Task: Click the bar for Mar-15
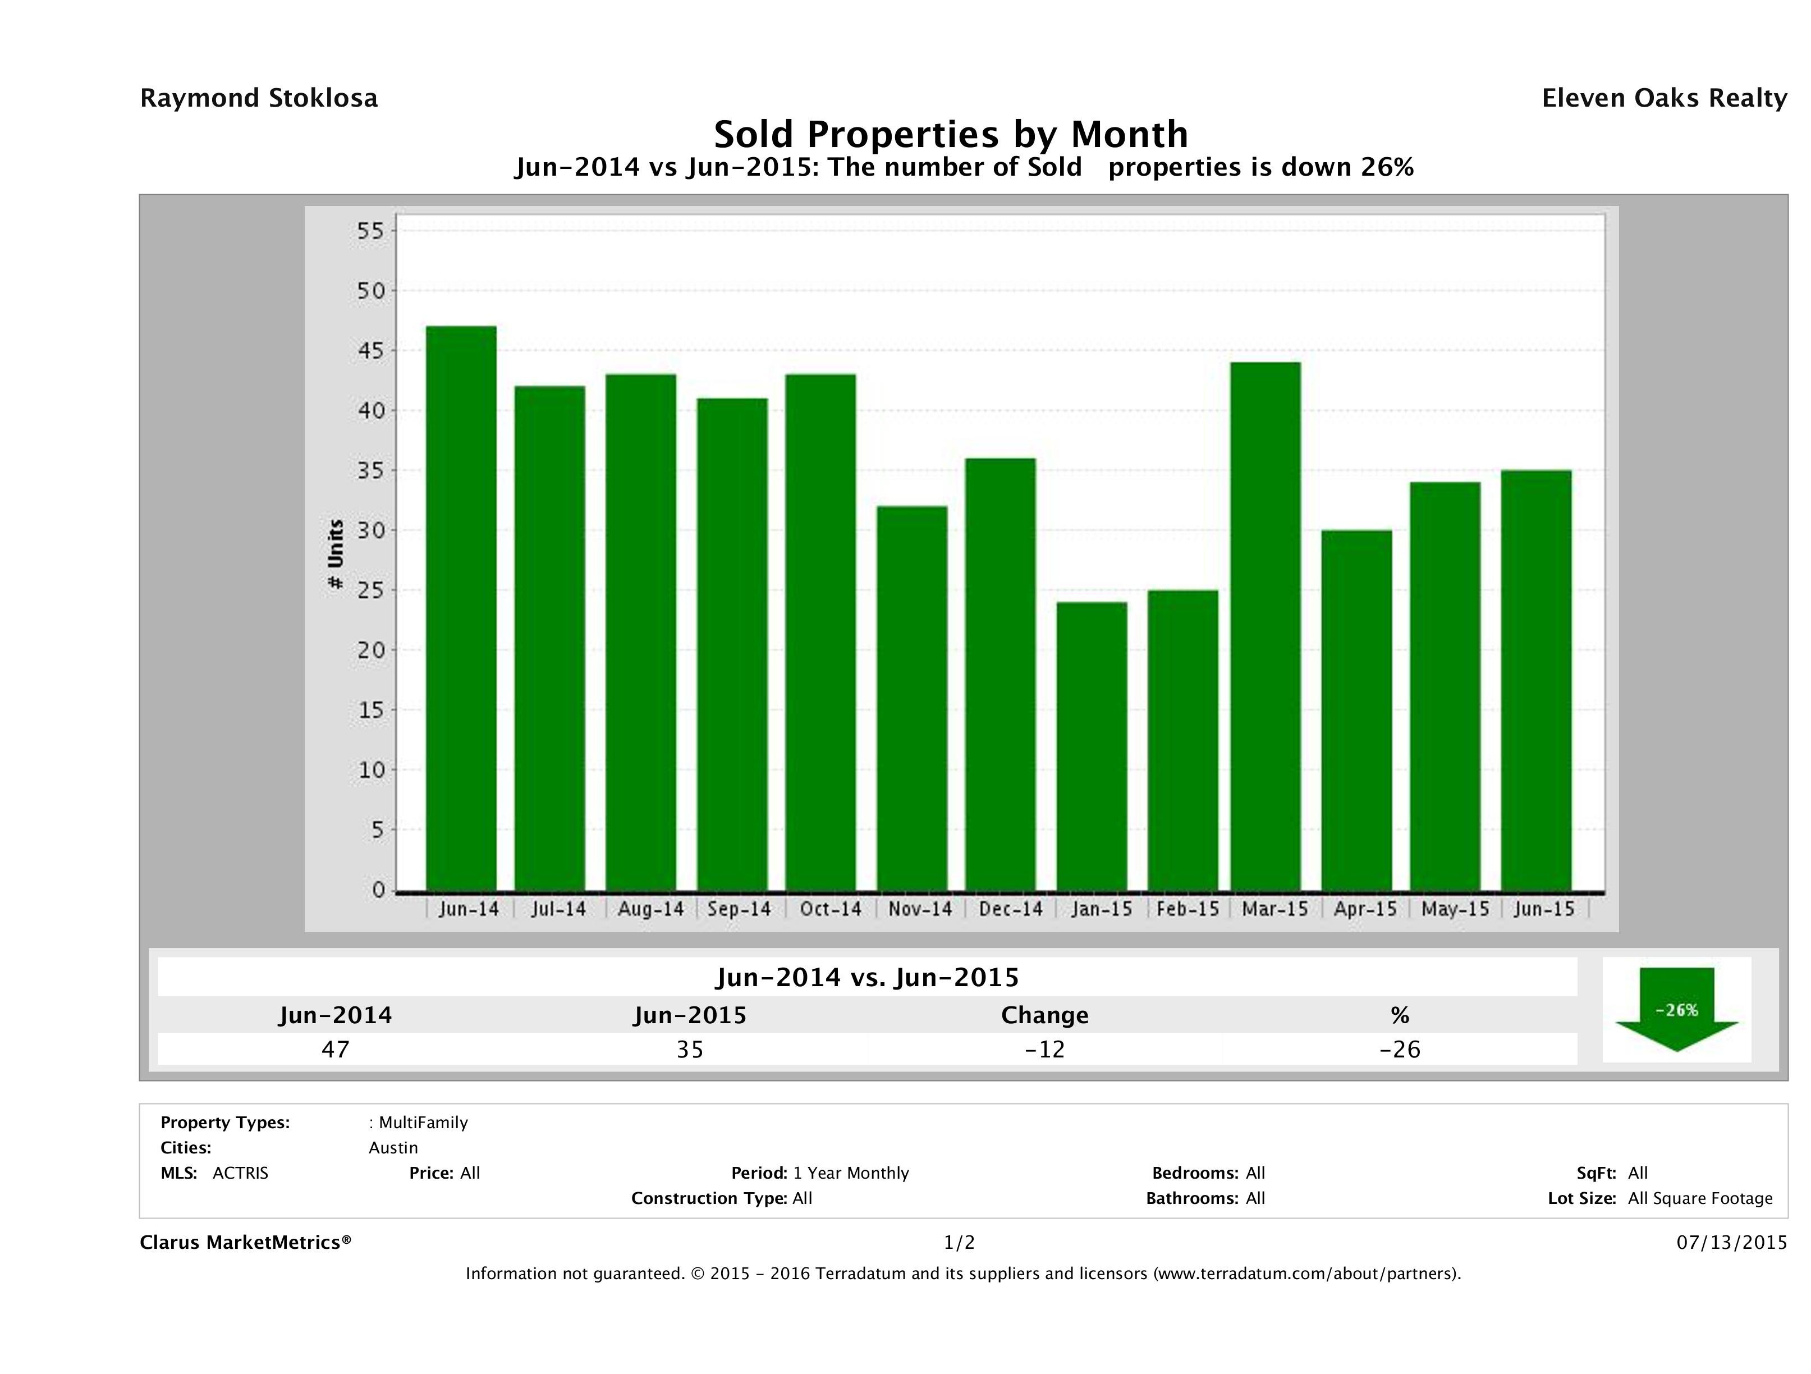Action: click(1265, 626)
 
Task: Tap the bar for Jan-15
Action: click(1092, 746)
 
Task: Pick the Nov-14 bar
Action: click(912, 698)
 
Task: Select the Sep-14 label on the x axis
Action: click(739, 909)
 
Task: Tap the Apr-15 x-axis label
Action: click(1365, 909)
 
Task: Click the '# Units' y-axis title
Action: click(336, 555)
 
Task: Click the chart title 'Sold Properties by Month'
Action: click(951, 134)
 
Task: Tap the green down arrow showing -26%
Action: click(1676, 1009)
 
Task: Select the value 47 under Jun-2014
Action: click(336, 1049)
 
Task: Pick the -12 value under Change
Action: click(1045, 1049)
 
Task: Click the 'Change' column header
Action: click(1045, 1015)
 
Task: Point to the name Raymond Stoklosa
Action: click(259, 98)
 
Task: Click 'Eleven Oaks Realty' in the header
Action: click(1663, 98)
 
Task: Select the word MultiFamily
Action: click(423, 1123)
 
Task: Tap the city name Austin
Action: click(393, 1148)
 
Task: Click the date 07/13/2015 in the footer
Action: click(1731, 1243)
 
